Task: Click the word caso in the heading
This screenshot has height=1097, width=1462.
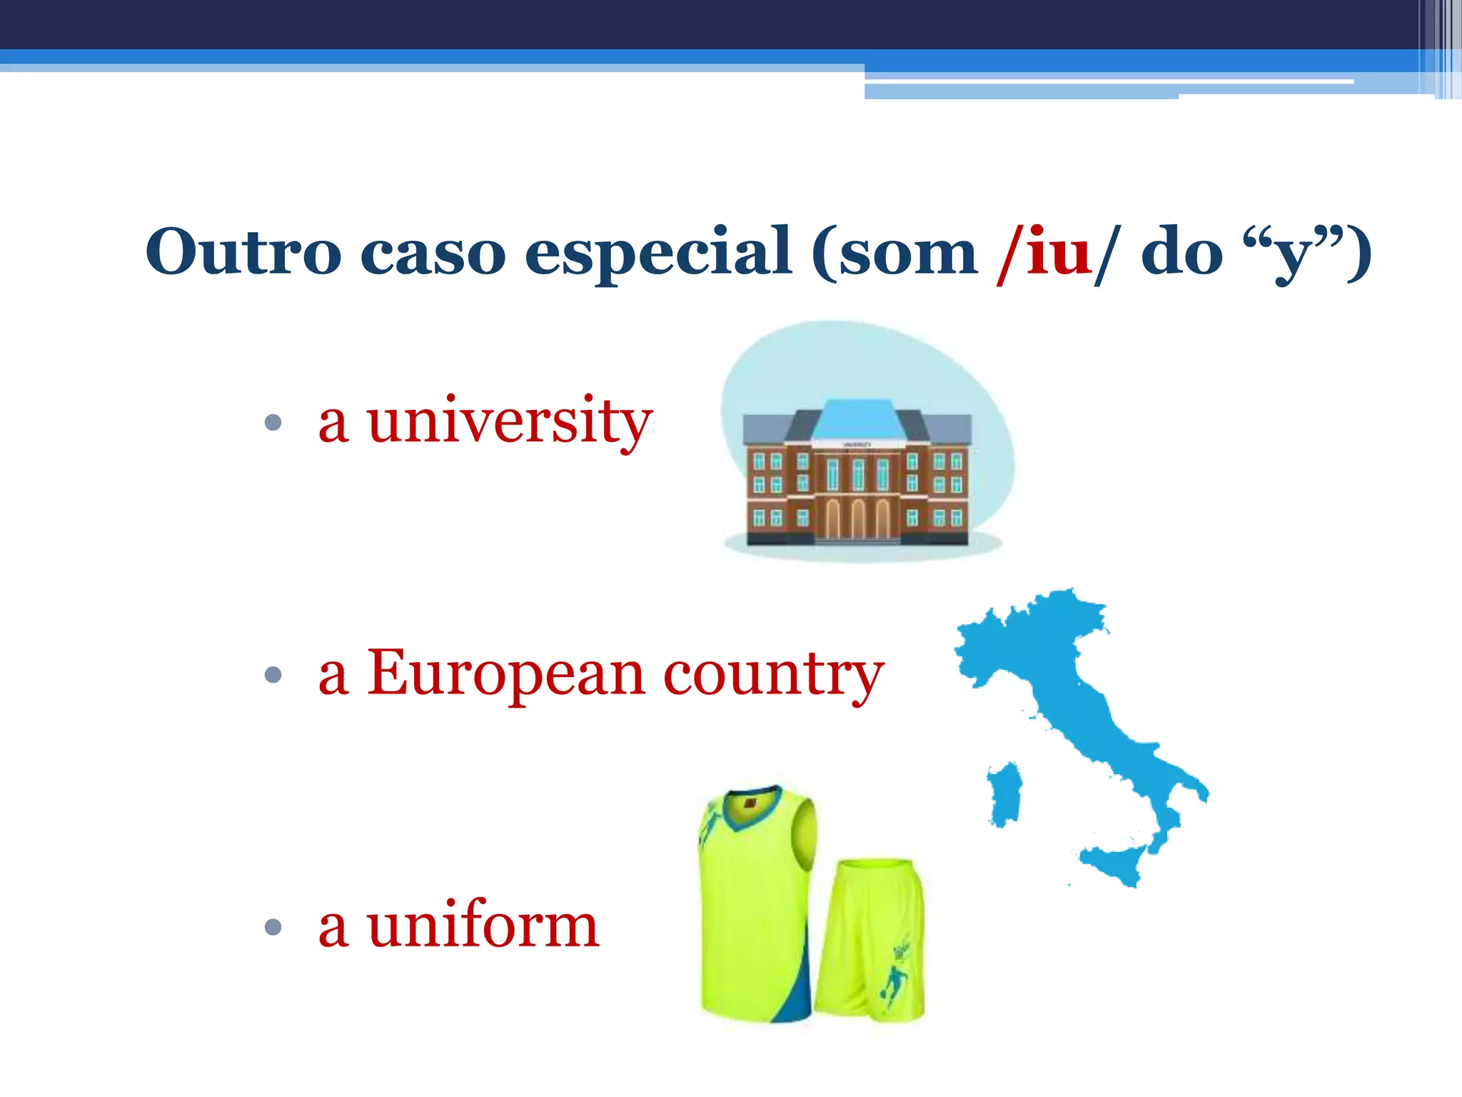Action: point(433,253)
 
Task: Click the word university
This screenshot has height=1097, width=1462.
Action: point(510,421)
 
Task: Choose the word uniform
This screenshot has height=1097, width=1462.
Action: point(483,926)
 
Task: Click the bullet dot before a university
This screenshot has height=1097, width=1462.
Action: point(273,423)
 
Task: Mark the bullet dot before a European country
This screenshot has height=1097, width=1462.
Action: point(273,674)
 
